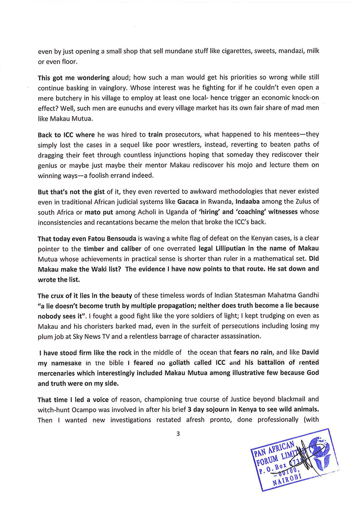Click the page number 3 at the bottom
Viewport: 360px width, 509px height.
pyautogui.click(x=178, y=434)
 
